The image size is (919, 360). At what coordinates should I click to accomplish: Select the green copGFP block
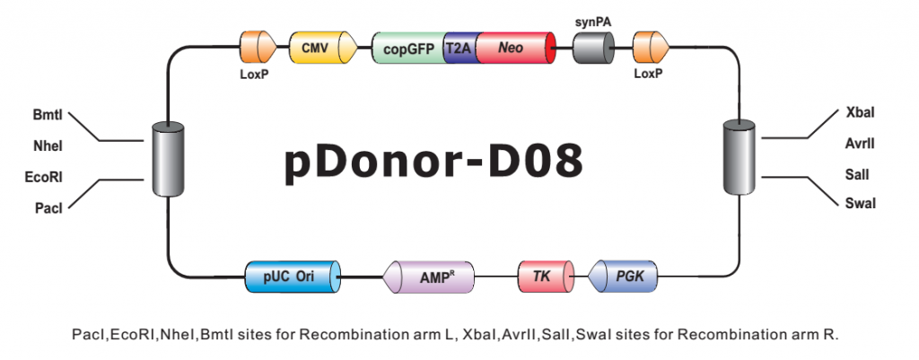[x=409, y=48]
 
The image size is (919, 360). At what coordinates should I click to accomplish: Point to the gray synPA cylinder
[x=593, y=48]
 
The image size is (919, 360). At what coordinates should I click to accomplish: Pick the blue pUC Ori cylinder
[x=293, y=277]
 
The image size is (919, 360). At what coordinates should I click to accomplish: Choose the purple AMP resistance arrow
[x=428, y=277]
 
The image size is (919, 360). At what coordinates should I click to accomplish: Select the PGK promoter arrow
[x=622, y=277]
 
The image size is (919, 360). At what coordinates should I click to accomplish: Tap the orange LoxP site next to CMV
[x=258, y=48]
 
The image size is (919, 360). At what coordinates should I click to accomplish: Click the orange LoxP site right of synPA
[x=652, y=48]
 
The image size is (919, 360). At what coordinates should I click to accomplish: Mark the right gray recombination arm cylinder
[x=739, y=156]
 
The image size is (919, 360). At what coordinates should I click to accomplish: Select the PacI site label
[x=48, y=207]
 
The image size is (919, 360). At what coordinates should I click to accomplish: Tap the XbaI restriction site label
[x=861, y=112]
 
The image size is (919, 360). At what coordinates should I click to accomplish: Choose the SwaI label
[x=861, y=204]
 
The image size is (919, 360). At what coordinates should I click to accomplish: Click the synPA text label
[x=592, y=22]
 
